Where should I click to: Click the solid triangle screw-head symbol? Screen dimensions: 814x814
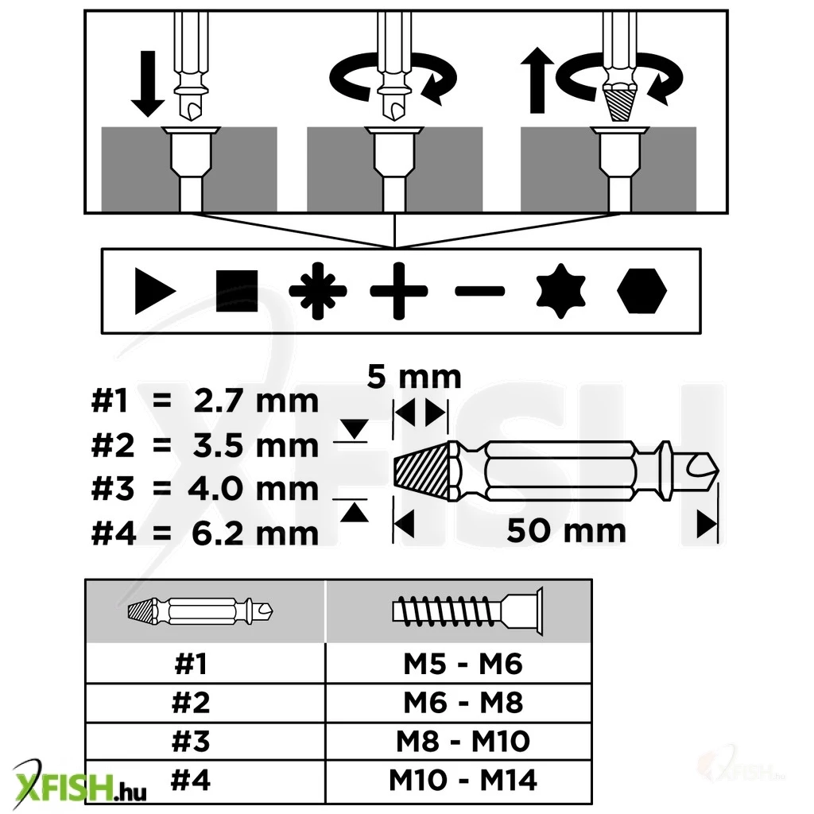(x=153, y=291)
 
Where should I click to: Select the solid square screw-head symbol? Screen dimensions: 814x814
(x=237, y=291)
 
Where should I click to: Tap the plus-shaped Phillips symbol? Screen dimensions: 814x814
(x=399, y=291)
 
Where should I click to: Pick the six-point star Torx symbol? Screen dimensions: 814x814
(x=560, y=291)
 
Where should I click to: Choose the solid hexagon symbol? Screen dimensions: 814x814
(x=642, y=291)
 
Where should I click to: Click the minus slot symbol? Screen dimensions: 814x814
(x=479, y=291)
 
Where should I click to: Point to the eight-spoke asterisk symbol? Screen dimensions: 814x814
(x=318, y=291)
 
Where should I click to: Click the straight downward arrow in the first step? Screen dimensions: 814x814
(x=148, y=83)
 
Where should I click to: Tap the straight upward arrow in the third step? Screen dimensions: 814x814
(x=537, y=80)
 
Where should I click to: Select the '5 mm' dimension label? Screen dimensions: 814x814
(x=413, y=376)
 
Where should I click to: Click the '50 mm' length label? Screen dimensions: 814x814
(x=566, y=530)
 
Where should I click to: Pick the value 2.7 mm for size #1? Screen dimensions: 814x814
(x=256, y=401)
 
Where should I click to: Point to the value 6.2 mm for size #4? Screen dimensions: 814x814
(x=255, y=533)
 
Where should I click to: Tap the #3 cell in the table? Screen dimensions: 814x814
(x=191, y=741)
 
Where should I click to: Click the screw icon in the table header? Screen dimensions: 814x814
(x=467, y=611)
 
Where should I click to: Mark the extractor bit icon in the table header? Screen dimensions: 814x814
(x=200, y=611)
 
